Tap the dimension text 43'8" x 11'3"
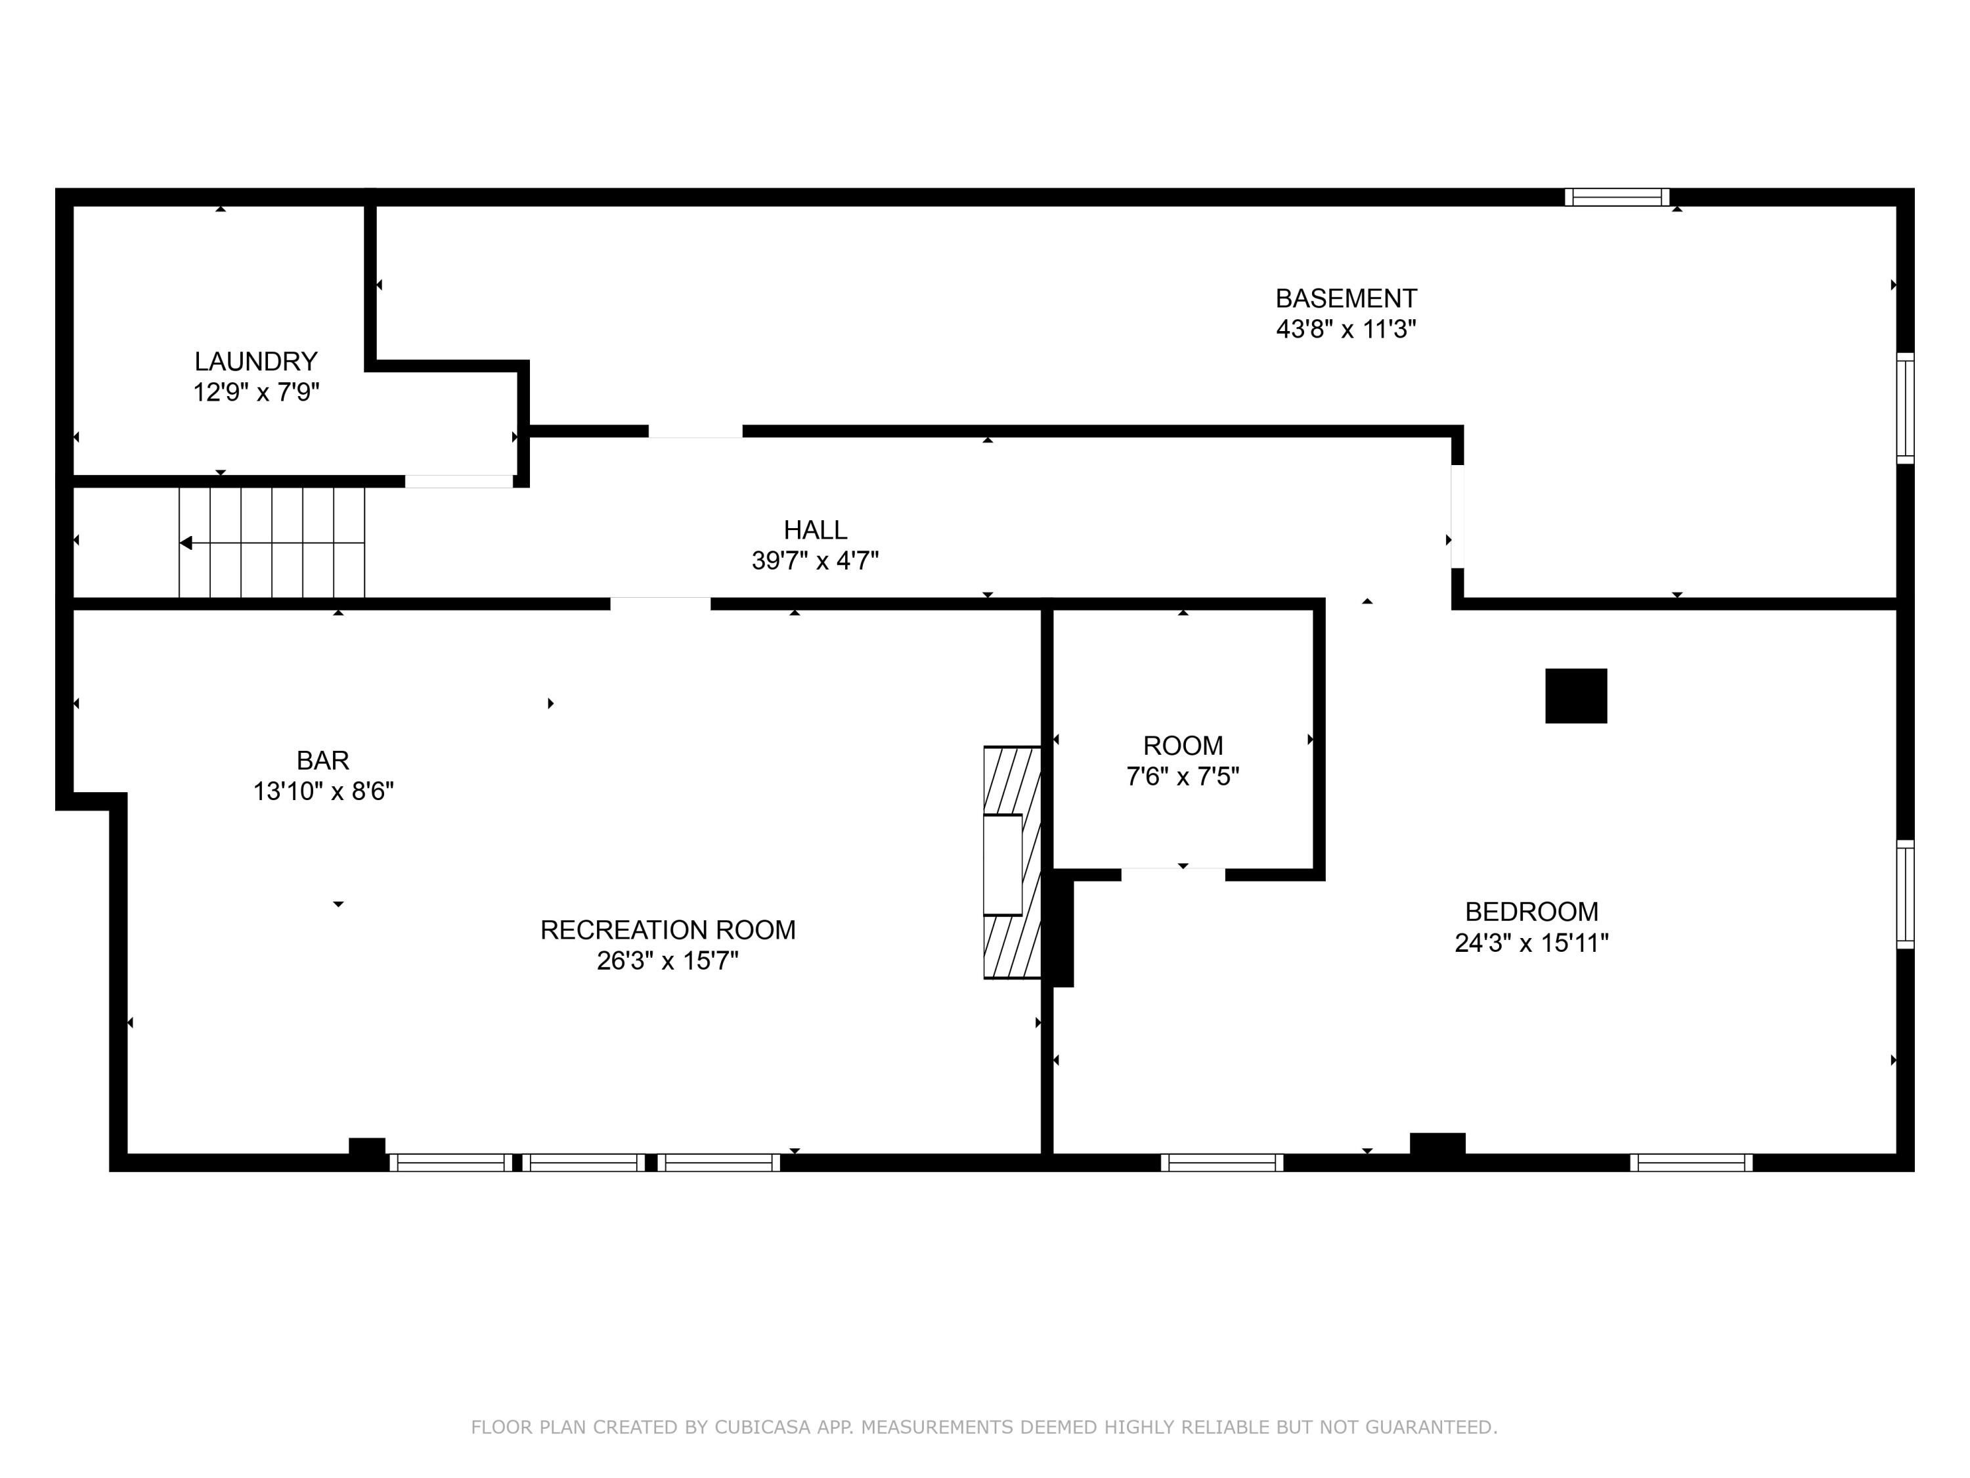[x=1345, y=330]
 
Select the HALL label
[x=815, y=530]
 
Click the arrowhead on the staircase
[x=186, y=543]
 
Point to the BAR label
[x=322, y=760]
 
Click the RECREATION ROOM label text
[x=667, y=930]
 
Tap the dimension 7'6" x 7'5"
[x=1182, y=777]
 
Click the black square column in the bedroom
[x=1575, y=696]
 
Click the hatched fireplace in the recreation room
[x=1013, y=862]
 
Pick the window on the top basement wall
[x=1617, y=197]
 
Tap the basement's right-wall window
[x=1904, y=408]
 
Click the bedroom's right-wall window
[x=1904, y=893]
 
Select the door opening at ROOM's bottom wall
[x=1172, y=874]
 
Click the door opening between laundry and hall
[x=460, y=481]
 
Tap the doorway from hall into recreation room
[x=660, y=603]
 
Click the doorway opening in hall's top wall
[x=695, y=431]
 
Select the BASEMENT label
[x=1345, y=298]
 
